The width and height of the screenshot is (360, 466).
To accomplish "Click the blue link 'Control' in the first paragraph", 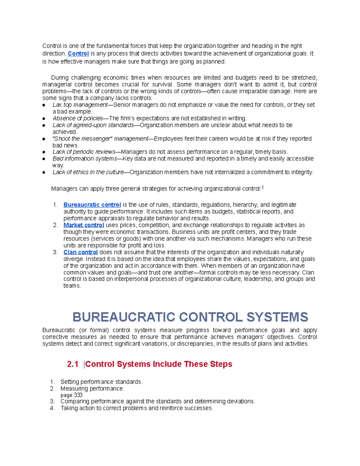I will [x=78, y=54].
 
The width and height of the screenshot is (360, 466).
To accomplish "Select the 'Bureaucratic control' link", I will [x=92, y=205].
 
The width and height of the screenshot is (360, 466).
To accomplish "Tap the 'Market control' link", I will [x=84, y=225].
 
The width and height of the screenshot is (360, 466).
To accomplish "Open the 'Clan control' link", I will [x=80, y=252].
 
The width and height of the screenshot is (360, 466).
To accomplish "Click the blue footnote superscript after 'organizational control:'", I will [x=262, y=187].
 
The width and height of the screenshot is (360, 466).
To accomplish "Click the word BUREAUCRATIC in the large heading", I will [x=124, y=317].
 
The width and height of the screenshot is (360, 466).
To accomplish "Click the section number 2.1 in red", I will [x=73, y=364].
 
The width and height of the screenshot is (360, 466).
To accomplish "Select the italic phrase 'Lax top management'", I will [x=80, y=105].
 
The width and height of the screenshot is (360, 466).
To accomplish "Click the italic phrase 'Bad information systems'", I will [x=85, y=158].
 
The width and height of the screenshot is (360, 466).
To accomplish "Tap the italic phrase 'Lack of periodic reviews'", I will [x=84, y=152].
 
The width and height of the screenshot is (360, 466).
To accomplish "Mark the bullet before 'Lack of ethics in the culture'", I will [x=44, y=173].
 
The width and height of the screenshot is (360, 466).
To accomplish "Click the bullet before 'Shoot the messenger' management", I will [x=44, y=139].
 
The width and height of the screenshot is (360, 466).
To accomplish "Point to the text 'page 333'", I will [x=71, y=395].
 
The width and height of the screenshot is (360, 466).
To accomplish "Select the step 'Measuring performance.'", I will [x=92, y=389].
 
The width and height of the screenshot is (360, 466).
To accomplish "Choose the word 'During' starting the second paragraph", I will [x=60, y=78].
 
